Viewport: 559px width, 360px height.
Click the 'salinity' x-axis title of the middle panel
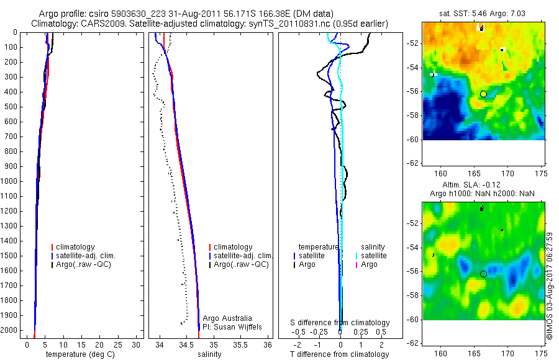[209, 354]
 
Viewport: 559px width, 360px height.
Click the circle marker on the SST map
[483, 94]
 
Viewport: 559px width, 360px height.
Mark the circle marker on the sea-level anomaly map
[483, 274]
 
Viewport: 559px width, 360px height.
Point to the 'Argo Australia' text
[227, 318]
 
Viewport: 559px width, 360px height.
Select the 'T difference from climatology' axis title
[340, 354]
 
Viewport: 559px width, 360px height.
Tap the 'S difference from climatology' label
[340, 323]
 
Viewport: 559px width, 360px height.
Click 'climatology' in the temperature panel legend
[75, 247]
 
